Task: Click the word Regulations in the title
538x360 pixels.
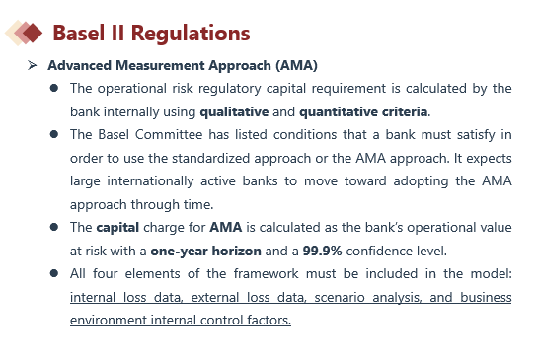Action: pos(191,34)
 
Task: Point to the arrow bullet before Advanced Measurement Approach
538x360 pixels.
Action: pos(33,65)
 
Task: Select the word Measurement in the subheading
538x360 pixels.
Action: pos(160,65)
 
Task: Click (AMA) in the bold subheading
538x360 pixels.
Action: pos(297,65)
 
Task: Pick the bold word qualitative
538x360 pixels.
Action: pos(234,112)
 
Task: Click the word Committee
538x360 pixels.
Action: pos(169,134)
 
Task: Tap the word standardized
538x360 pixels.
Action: pos(210,159)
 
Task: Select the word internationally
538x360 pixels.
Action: pos(150,181)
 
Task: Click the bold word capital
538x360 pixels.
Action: pos(117,228)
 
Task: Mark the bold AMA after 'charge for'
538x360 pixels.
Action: pos(226,227)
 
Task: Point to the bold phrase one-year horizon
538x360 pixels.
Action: pos(206,251)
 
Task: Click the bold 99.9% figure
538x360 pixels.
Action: pos(322,251)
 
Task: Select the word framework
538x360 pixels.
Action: pos(267,273)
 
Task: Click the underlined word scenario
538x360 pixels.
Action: pos(340,297)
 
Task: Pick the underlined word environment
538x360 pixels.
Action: pos(109,320)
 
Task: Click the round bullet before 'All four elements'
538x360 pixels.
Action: pos(54,273)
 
